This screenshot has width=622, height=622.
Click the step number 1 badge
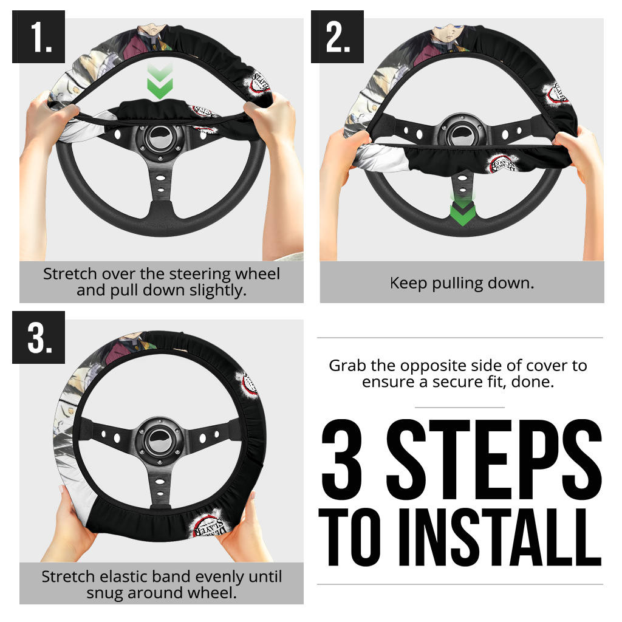click(x=38, y=36)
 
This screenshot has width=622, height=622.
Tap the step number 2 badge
click(x=337, y=36)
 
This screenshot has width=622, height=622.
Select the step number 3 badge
click(x=38, y=337)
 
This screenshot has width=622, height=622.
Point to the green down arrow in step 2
click(x=462, y=210)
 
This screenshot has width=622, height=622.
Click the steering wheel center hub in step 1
click(x=160, y=139)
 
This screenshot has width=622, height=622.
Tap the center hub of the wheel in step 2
click(x=462, y=133)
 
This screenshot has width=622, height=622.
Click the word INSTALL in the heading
click(x=501, y=537)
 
